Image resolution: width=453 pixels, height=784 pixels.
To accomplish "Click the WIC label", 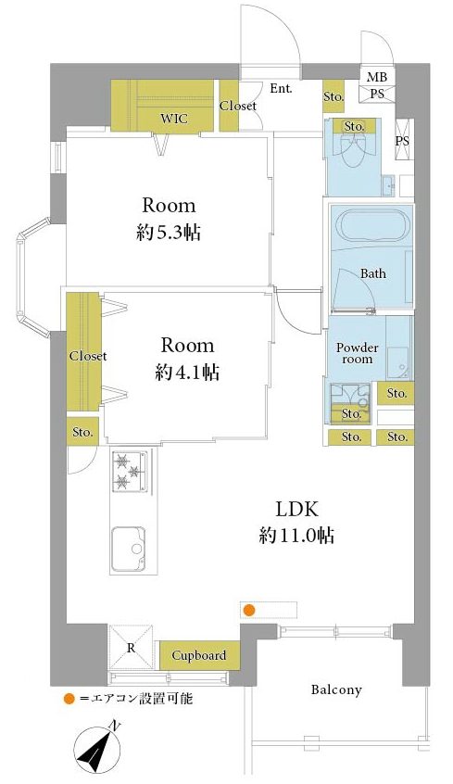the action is pyautogui.click(x=174, y=119).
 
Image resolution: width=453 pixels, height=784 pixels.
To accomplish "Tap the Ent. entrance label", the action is pyautogui.click(x=281, y=88).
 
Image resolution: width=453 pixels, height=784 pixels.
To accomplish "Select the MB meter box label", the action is pyautogui.click(x=376, y=77).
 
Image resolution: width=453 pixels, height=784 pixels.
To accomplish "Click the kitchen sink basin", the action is pyautogui.click(x=129, y=549).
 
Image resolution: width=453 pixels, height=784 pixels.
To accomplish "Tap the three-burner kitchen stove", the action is pyautogui.click(x=130, y=471).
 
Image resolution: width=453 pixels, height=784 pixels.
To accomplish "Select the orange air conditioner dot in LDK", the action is pyautogui.click(x=248, y=610).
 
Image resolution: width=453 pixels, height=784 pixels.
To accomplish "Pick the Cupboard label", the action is pyautogui.click(x=199, y=655).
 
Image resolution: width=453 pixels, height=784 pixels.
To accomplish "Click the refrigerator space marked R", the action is pyautogui.click(x=131, y=647).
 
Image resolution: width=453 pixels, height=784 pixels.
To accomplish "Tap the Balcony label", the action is pyautogui.click(x=336, y=690).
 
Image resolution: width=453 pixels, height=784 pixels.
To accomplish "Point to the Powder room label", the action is pyautogui.click(x=357, y=353).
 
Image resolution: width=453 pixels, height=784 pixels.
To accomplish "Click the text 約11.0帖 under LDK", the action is pyautogui.click(x=297, y=536).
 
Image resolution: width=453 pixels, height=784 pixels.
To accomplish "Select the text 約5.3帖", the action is pyautogui.click(x=169, y=232).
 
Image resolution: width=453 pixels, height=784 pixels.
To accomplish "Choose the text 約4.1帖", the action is pyautogui.click(x=187, y=372).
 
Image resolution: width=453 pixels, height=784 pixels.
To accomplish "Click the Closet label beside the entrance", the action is pyautogui.click(x=238, y=106).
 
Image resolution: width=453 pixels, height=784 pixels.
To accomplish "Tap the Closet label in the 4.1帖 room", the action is pyautogui.click(x=88, y=356).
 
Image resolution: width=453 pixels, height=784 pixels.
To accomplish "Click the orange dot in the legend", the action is pyautogui.click(x=69, y=699).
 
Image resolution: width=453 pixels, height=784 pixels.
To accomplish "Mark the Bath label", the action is pyautogui.click(x=373, y=273).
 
